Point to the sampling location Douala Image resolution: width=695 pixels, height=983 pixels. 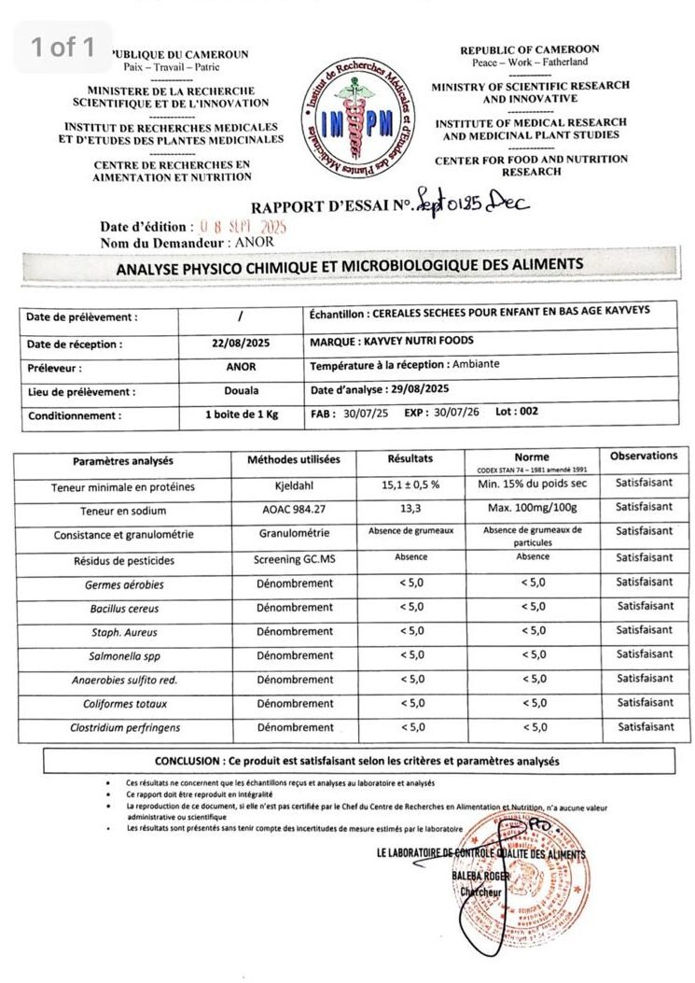point(241,391)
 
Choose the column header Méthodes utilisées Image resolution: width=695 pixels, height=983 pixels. point(294,460)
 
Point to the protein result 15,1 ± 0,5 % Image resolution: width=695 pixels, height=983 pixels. point(410,486)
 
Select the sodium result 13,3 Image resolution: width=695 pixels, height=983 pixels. point(410,510)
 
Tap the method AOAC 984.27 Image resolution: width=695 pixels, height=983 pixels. point(294,511)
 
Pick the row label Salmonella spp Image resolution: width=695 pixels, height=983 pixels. point(125,655)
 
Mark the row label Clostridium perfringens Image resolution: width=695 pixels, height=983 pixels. point(125,727)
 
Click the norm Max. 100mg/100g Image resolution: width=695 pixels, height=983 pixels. point(532,509)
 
